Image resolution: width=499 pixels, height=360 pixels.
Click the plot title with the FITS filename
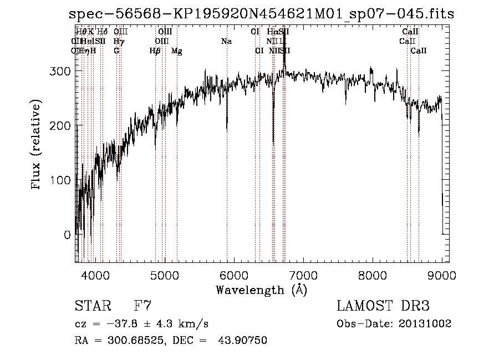pos(260,14)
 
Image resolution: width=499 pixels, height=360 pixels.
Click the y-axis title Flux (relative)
pos(37,145)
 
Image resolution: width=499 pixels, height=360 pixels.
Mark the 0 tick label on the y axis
pos(68,235)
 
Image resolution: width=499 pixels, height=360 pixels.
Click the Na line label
pos(226,41)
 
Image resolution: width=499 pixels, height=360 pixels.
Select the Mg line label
pos(177,51)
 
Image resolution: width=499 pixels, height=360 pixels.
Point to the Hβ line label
pos(155,51)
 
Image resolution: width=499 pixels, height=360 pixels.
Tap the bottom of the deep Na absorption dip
pos(227,131)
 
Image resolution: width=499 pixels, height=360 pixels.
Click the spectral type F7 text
pos(143,306)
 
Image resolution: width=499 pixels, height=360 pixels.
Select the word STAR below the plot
pos(92,306)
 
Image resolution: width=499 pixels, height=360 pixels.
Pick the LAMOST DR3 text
pos(383,306)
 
